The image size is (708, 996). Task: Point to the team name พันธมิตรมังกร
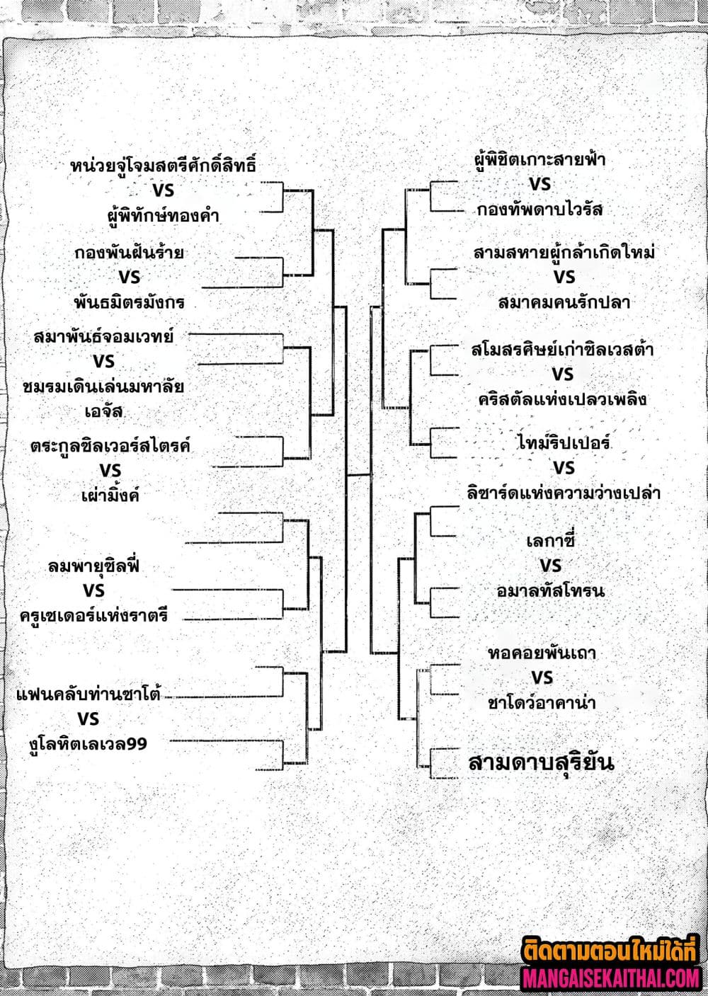pyautogui.click(x=129, y=302)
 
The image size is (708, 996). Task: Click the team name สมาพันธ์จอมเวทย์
pyautogui.click(x=103, y=337)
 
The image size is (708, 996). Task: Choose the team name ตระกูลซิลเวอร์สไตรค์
pyautogui.click(x=110, y=447)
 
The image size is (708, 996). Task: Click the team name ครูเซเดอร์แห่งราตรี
pyautogui.click(x=94, y=614)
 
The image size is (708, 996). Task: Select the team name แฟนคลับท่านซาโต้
pyautogui.click(x=88, y=694)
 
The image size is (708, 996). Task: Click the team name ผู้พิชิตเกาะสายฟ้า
pyautogui.click(x=539, y=160)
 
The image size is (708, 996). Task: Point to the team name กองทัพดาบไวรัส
pyautogui.click(x=539, y=210)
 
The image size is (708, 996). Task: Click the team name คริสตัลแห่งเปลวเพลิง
pyautogui.click(x=562, y=399)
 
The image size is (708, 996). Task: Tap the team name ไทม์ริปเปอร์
pyautogui.click(x=564, y=444)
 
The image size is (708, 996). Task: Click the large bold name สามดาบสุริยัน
pyautogui.click(x=541, y=762)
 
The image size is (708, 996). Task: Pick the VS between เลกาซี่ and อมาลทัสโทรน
pyautogui.click(x=550, y=566)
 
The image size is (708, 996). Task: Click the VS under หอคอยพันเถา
pyautogui.click(x=542, y=677)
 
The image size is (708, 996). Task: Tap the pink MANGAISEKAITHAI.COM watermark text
pyautogui.click(x=611, y=978)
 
